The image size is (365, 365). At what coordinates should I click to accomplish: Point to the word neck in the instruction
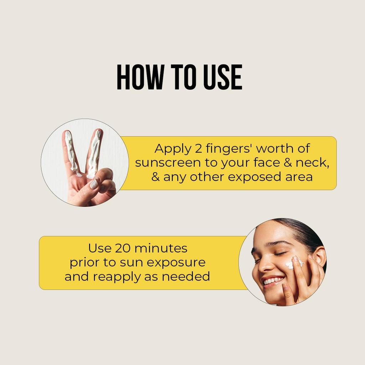click(311, 163)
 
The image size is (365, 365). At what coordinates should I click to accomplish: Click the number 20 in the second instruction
click(120, 248)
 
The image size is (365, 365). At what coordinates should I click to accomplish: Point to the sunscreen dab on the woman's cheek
click(293, 264)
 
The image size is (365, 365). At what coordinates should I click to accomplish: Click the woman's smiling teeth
click(273, 281)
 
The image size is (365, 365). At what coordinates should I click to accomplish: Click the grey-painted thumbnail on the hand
click(94, 184)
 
